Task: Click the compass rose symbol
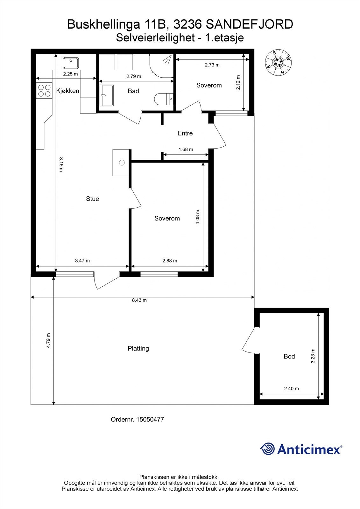(278, 62)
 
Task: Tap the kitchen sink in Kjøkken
(71, 63)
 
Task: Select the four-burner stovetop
(44, 90)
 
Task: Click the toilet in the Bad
(164, 99)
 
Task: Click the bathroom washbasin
(106, 95)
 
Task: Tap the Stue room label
(93, 199)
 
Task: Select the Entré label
(185, 133)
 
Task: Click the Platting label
(138, 348)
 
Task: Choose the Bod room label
(289, 356)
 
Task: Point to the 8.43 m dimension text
(139, 300)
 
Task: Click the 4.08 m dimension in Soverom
(197, 217)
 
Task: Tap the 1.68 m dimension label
(186, 149)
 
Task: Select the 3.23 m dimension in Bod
(313, 356)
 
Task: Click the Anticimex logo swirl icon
(267, 449)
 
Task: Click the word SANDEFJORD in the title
(250, 24)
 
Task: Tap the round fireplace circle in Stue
(122, 163)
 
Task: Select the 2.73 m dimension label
(212, 65)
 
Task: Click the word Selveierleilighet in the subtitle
(156, 38)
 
